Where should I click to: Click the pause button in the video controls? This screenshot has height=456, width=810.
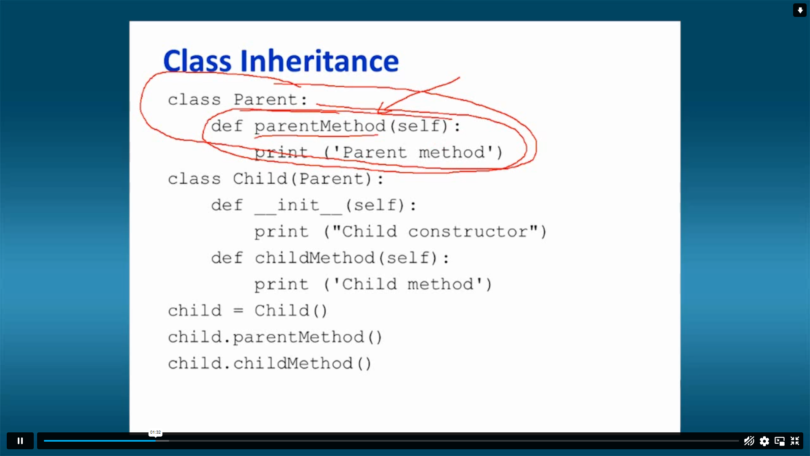[20, 441]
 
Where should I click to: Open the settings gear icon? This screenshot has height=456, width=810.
[764, 441]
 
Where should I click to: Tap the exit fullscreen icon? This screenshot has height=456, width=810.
[795, 441]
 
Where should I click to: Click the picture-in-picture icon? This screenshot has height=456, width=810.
[780, 441]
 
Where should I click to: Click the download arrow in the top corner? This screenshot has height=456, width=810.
[800, 10]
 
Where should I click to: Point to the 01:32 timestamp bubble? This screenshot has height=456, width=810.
[155, 432]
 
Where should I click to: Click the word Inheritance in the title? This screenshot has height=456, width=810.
[320, 61]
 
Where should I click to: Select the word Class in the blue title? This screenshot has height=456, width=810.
[197, 61]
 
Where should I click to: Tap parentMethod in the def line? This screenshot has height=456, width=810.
[320, 127]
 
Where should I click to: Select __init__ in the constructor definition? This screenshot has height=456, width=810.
[299, 206]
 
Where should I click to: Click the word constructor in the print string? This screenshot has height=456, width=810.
[468, 232]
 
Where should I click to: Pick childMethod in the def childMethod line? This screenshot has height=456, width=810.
[315, 258]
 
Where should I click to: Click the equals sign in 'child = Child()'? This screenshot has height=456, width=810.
[238, 311]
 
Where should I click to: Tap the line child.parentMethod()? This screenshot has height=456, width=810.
[275, 337]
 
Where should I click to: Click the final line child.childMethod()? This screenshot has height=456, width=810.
[270, 364]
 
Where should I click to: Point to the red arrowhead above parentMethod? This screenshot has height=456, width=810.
[382, 108]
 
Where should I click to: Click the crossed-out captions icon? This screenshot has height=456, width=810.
[749, 441]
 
